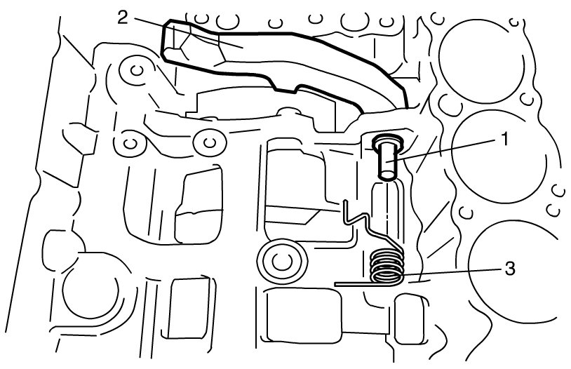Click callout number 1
click(504, 139)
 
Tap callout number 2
click(123, 17)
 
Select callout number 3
click(509, 269)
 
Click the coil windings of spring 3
click(387, 267)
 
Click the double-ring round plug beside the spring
click(282, 261)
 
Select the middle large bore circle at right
click(499, 156)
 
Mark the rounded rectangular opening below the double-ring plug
click(303, 315)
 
